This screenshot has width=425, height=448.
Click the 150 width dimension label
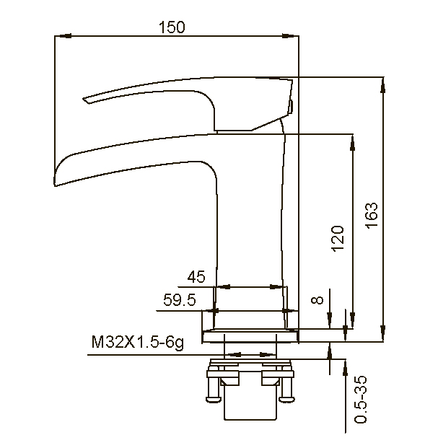tap(172, 27)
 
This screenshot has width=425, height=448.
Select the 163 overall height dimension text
tap(372, 215)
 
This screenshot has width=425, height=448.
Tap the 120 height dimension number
tap(338, 239)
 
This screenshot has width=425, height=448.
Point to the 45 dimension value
tap(196, 277)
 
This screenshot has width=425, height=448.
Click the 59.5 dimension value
tap(180, 299)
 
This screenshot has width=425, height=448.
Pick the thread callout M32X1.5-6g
tap(138, 342)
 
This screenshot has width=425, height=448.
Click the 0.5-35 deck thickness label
tap(361, 400)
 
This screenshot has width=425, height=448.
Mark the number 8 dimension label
tap(317, 299)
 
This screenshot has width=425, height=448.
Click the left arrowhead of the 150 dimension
tap(63, 36)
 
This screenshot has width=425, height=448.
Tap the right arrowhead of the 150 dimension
tap(290, 36)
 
